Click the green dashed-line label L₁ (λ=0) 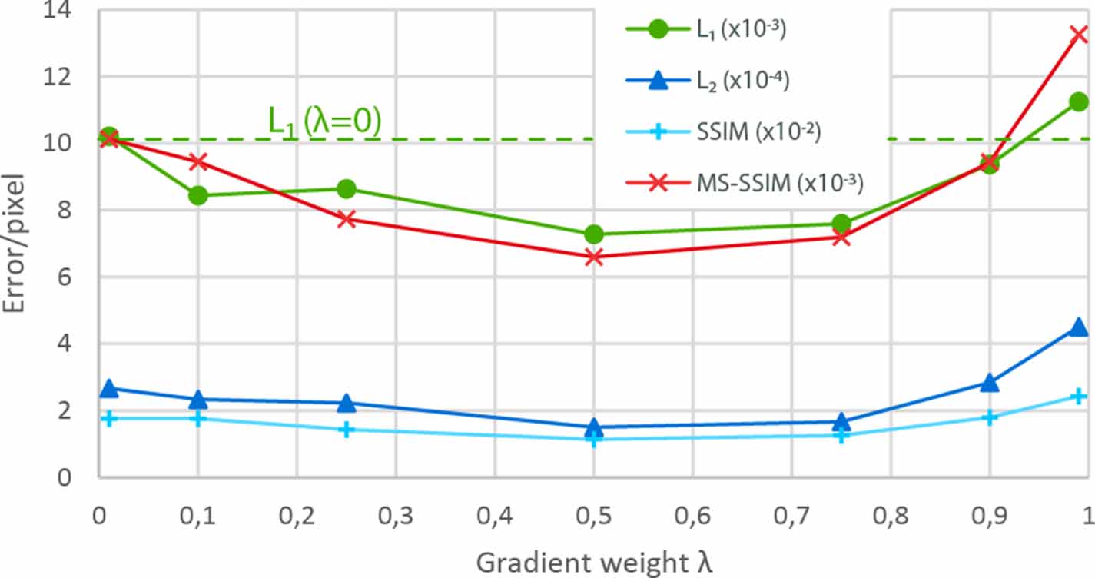coord(324,122)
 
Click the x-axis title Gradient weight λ coord(594,562)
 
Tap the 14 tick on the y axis coord(71,12)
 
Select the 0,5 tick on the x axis coord(593,513)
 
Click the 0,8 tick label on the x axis coord(890,513)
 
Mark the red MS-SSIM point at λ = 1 coord(1078,34)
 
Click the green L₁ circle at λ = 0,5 coord(593,234)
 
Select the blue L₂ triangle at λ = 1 coord(1078,327)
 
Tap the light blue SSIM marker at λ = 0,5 coord(593,440)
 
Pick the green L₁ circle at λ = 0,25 coord(347,189)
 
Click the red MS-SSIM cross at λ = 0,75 coord(841,237)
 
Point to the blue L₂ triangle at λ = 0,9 coord(990,382)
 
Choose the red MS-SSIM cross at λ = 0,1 coord(198,161)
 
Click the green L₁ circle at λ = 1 coord(1078,102)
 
